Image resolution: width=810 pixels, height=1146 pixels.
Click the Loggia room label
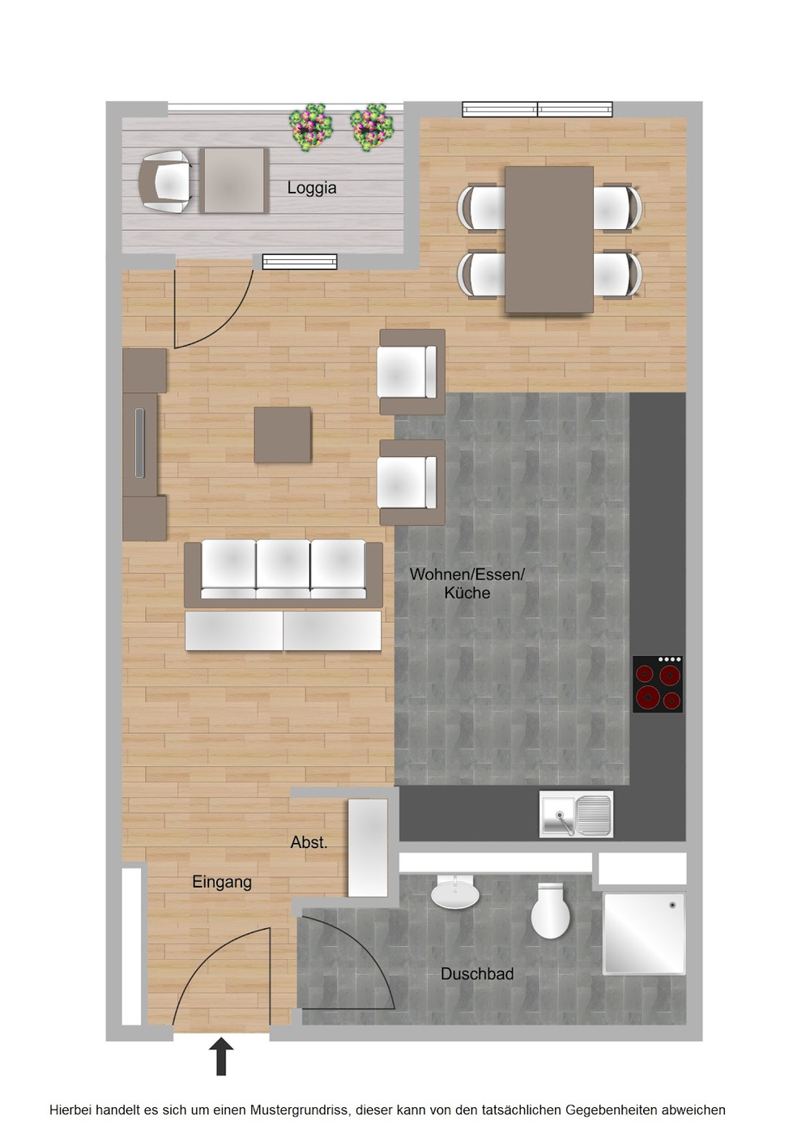(312, 188)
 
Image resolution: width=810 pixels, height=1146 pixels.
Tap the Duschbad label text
(477, 973)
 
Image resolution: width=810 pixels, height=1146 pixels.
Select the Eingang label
(222, 882)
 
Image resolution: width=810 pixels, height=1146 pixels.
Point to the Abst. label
(309, 842)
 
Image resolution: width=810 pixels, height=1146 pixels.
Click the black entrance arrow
(222, 1056)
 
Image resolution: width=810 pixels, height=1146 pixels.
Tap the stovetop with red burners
(658, 684)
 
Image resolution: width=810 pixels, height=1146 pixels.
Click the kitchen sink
(576, 814)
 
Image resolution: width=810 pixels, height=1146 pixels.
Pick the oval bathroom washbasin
(455, 893)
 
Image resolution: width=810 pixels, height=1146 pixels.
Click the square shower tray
(644, 934)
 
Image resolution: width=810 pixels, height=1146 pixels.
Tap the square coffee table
(283, 435)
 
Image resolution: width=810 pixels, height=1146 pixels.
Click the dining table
(549, 240)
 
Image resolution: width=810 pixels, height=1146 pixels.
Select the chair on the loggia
(165, 181)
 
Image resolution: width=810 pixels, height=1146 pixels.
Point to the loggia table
(234, 180)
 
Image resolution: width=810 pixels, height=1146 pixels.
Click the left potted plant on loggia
(310, 127)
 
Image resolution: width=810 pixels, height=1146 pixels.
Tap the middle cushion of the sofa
(283, 569)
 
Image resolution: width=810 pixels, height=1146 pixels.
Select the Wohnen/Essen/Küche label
(467, 583)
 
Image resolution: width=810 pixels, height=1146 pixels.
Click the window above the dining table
(537, 109)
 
